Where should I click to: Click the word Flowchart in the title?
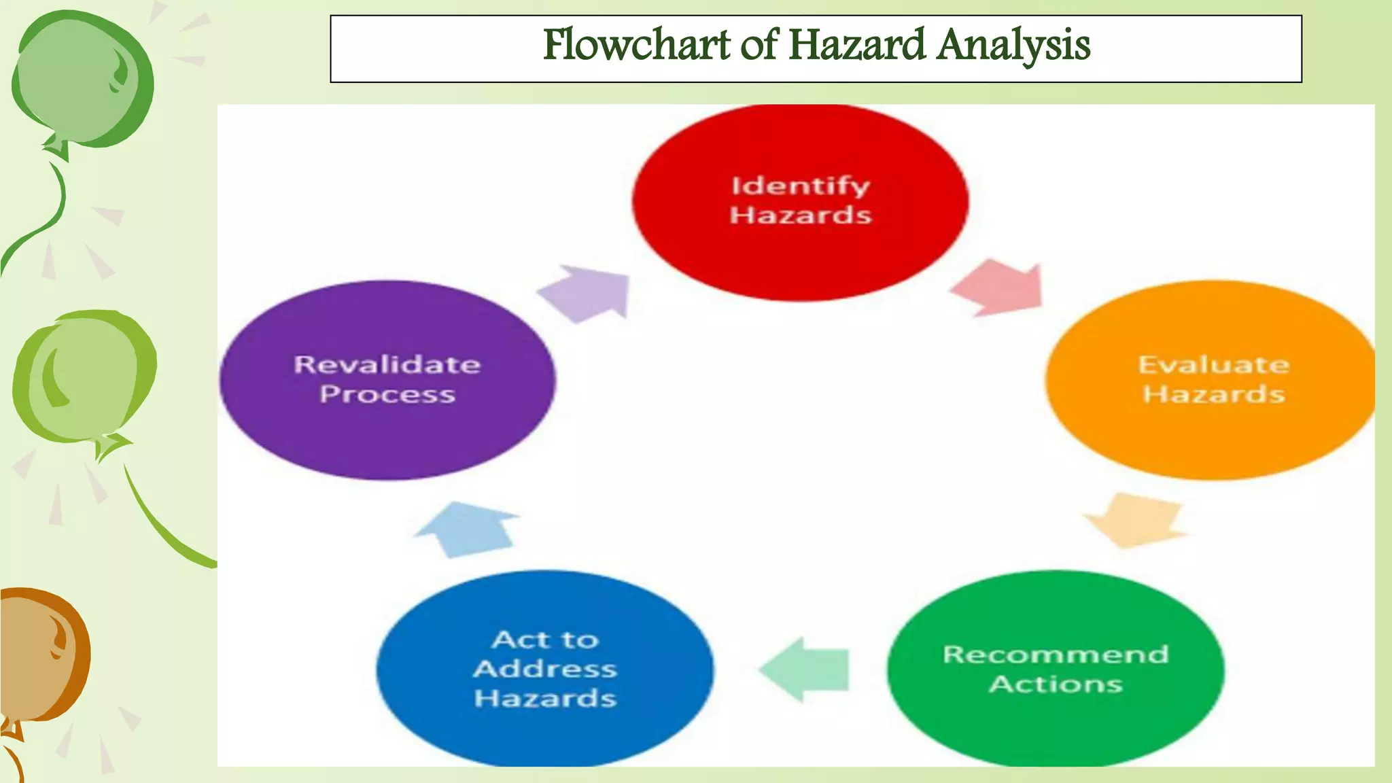[x=636, y=45]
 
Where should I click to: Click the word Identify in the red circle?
[x=800, y=186]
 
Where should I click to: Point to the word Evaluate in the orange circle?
[x=1213, y=365]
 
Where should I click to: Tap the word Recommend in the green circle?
[x=1056, y=655]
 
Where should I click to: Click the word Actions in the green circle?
[x=1056, y=684]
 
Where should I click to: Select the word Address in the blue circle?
[x=545, y=669]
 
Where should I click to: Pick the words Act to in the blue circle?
[x=545, y=640]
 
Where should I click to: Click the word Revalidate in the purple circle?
[x=387, y=365]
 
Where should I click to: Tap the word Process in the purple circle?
[x=387, y=394]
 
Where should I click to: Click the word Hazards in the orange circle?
[x=1213, y=394]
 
